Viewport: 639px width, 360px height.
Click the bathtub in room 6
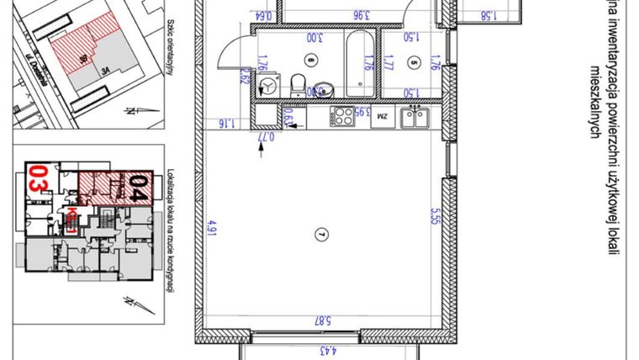pyautogui.click(x=360, y=63)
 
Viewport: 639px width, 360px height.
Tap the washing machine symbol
pyautogui.click(x=269, y=87)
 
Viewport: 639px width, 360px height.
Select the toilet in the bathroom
pyautogui.click(x=297, y=83)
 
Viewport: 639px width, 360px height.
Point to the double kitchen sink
pyautogui.click(x=415, y=117)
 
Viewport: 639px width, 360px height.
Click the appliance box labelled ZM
pyautogui.click(x=383, y=116)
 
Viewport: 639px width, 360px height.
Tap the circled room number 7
pyautogui.click(x=319, y=234)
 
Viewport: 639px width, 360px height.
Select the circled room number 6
pyautogui.click(x=311, y=60)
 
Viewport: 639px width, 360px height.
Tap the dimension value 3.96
pyautogui.click(x=339, y=14)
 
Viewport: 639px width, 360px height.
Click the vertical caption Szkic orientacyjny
pyautogui.click(x=169, y=50)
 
